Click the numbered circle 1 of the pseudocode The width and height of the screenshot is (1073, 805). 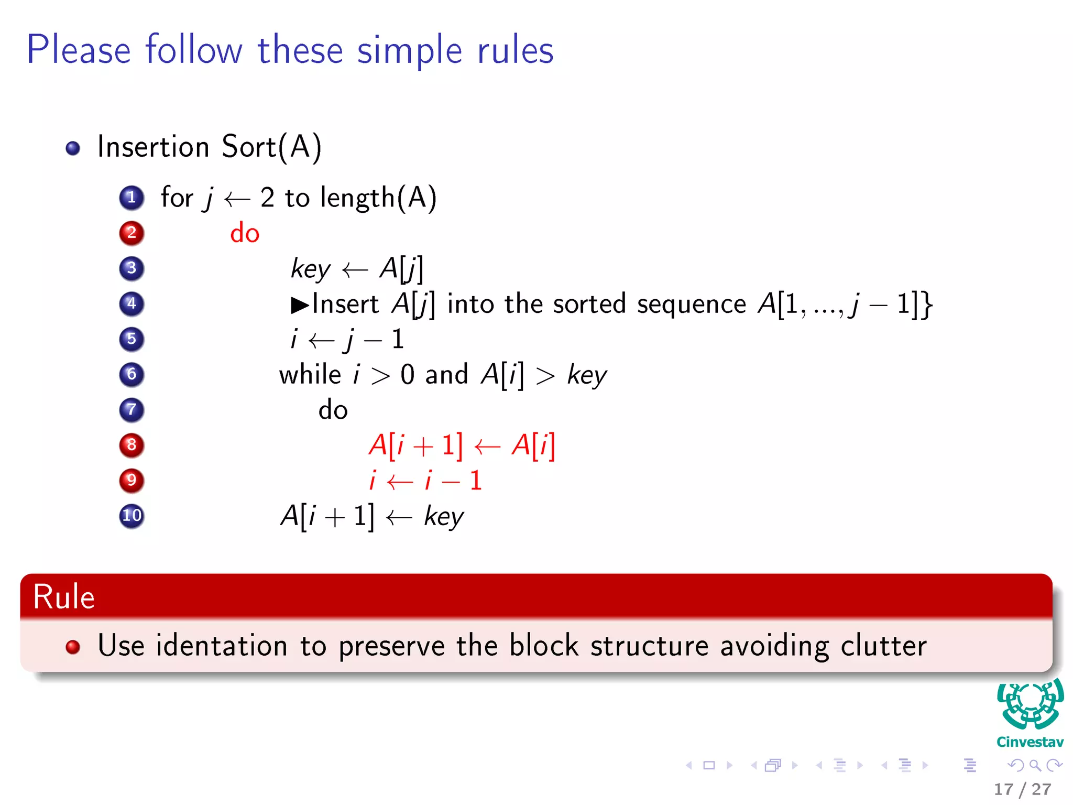click(132, 198)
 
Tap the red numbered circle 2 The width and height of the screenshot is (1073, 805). click(132, 233)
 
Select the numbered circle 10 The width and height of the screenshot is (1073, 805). click(132, 516)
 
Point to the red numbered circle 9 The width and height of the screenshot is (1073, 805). click(132, 480)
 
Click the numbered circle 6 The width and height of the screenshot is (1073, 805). click(132, 374)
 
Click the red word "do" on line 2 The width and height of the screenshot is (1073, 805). click(245, 233)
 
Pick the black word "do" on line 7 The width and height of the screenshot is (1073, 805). click(333, 410)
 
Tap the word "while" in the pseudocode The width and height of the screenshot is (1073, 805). click(310, 375)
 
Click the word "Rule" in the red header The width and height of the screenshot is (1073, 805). click(64, 597)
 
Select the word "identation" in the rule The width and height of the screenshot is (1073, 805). click(222, 646)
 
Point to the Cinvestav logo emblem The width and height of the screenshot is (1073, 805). click(1030, 705)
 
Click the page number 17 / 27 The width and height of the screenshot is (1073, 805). click(1022, 789)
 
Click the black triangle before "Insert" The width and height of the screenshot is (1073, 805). click(300, 304)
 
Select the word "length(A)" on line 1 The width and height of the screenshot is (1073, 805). click(378, 199)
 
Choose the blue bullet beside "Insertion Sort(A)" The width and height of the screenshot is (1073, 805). click(73, 148)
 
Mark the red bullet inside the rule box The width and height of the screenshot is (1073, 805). click(73, 647)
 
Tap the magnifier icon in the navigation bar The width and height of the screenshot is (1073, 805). click(1035, 766)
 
